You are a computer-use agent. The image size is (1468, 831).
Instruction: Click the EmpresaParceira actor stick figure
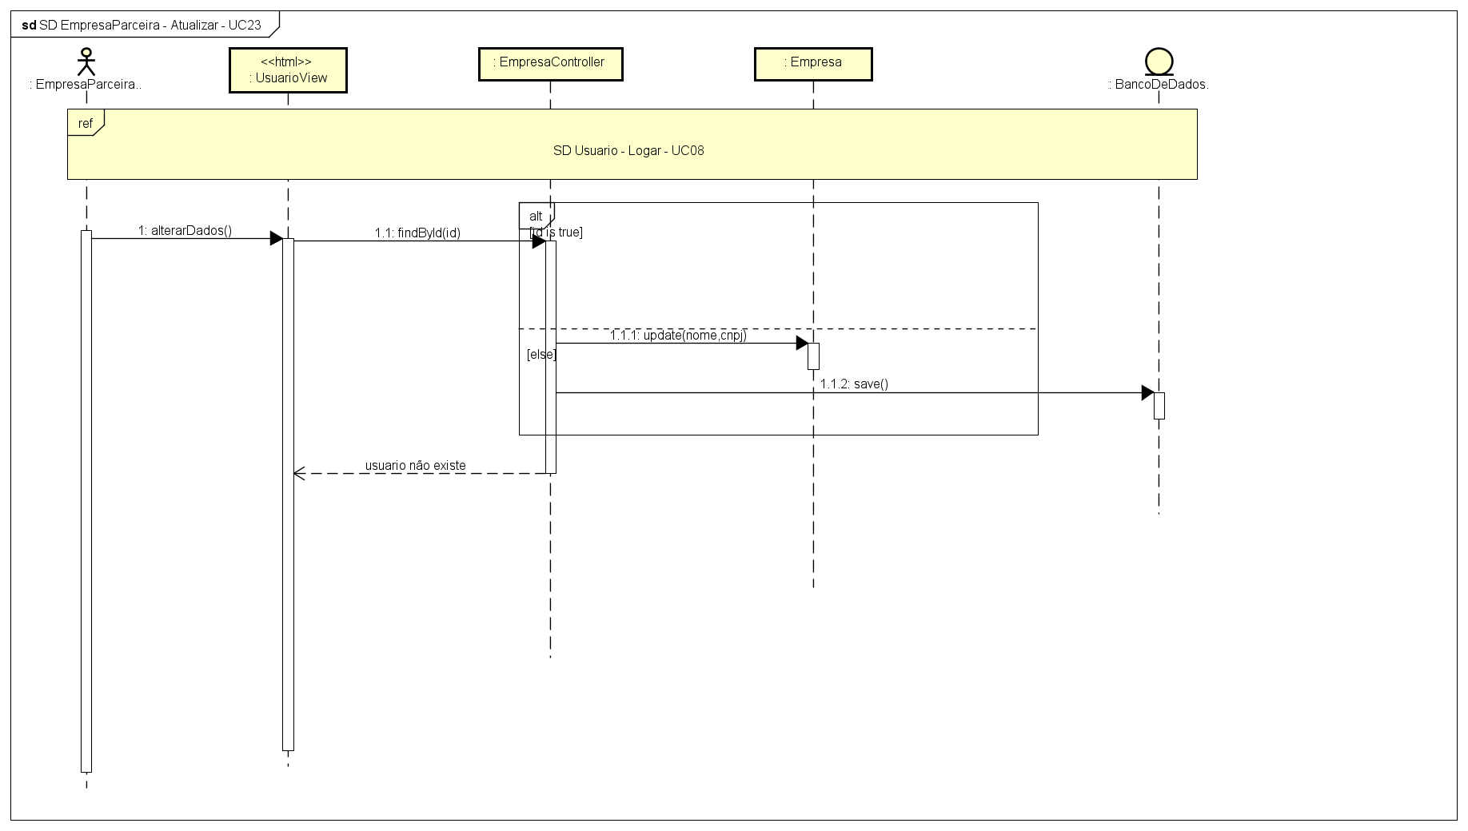point(86,62)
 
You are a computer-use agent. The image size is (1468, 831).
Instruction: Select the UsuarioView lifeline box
point(288,70)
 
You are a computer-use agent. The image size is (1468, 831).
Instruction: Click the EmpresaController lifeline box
point(550,64)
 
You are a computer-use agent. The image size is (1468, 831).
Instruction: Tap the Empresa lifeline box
point(813,64)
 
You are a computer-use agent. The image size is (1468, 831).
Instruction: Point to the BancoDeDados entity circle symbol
point(1159,62)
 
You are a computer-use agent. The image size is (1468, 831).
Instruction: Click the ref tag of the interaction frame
point(86,123)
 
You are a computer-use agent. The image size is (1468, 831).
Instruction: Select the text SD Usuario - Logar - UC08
point(628,150)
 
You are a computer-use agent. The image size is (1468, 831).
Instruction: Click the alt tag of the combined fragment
point(536,217)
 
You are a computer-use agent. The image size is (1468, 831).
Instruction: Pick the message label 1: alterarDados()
point(185,230)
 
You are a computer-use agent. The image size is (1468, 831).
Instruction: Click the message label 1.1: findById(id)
point(417,233)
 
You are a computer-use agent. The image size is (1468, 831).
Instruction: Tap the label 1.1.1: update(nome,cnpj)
point(678,335)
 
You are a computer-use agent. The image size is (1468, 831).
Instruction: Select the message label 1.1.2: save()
point(854,384)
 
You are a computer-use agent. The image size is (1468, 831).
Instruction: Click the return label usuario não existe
point(415,465)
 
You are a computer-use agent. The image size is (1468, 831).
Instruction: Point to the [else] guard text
point(541,354)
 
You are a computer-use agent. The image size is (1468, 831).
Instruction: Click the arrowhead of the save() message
point(1147,393)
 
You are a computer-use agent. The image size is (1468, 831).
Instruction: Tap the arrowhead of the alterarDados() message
point(276,239)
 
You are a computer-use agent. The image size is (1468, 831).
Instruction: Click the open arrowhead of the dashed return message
point(299,474)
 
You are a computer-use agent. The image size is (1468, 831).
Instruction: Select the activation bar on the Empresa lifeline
point(813,356)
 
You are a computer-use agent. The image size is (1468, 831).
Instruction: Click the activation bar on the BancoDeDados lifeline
point(1159,405)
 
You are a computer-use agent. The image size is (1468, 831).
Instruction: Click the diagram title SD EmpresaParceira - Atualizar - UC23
point(150,25)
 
